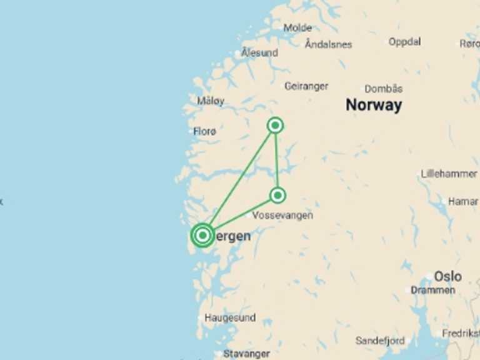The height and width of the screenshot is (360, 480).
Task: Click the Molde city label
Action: pos(297,27)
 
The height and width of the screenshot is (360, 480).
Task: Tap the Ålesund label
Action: pos(259,52)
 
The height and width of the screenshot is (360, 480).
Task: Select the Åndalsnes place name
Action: pos(328,44)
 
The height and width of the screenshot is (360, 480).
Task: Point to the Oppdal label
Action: pos(404,42)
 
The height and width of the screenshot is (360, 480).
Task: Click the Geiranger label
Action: pos(306,86)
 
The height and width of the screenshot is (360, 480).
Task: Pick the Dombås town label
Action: pos(383,89)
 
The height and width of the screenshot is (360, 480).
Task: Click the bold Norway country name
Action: pos(374,105)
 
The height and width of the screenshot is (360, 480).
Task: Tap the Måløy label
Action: pos(211,101)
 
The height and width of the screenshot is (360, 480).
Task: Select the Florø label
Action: pos(204,131)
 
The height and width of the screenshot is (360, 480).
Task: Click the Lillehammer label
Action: pos(449,174)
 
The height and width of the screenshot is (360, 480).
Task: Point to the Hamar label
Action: pos(463,201)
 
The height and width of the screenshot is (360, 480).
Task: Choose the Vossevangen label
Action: pos(282,215)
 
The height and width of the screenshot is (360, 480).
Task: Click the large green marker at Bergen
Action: pos(202,235)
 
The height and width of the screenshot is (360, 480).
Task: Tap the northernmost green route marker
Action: pos(275,126)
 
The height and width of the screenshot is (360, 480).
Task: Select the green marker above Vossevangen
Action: pos(277,195)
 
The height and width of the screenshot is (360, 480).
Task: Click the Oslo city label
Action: pos(447,276)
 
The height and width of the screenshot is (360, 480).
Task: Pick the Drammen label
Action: pos(433,290)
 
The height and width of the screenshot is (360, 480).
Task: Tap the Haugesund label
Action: pos(230,317)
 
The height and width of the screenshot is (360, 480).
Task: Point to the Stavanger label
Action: pos(246,354)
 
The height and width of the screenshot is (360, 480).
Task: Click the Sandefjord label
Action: pos(380,341)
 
